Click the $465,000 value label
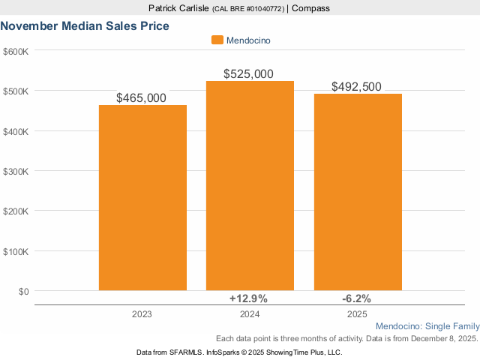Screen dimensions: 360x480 point(142,98)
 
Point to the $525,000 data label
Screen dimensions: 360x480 point(249,74)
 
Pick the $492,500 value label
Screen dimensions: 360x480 point(357,87)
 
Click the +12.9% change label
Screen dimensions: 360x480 point(248,298)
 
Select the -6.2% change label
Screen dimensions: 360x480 point(356,298)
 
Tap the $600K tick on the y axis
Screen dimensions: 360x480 point(16,51)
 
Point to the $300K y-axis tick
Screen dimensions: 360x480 point(16,171)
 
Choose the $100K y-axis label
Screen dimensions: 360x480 point(16,251)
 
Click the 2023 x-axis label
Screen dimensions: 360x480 point(142,314)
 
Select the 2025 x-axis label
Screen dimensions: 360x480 point(358,314)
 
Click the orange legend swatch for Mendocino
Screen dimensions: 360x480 point(217,40)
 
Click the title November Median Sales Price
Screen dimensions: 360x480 point(85,26)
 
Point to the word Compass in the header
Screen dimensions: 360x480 point(310,8)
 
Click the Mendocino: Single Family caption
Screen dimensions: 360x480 point(426,327)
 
